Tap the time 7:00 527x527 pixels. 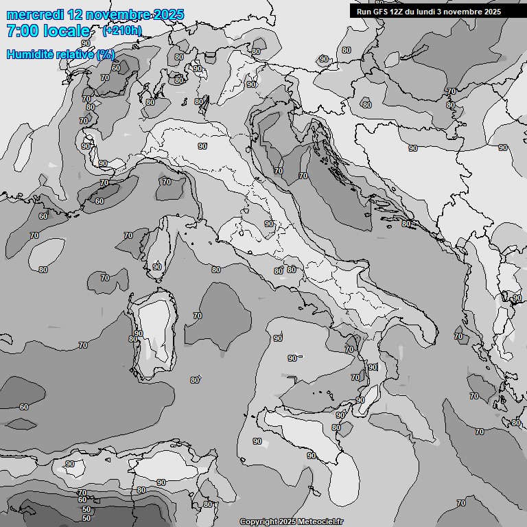click(21, 31)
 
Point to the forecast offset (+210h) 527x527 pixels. click(122, 31)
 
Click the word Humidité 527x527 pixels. click(28, 54)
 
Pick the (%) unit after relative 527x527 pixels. click(106, 54)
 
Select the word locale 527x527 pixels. click(66, 31)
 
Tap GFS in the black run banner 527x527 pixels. click(380, 12)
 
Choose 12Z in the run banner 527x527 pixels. click(399, 12)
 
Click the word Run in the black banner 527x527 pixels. click(364, 12)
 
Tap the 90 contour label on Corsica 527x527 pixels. click(157, 267)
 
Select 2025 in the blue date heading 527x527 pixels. click(169, 15)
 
